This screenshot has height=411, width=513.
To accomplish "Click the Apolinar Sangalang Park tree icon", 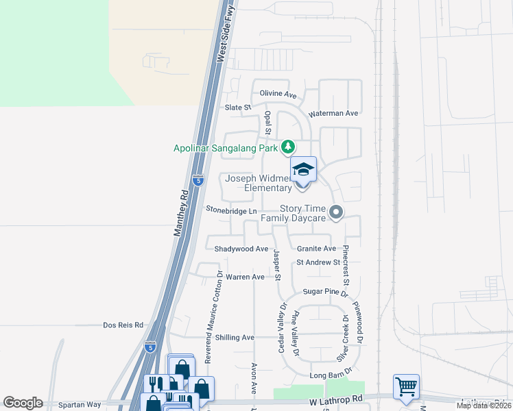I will [x=289, y=147].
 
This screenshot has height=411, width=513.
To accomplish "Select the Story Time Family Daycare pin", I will [x=336, y=213].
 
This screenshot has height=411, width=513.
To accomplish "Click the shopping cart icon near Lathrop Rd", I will [x=406, y=386].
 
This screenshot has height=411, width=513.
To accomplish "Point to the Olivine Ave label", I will [x=278, y=94].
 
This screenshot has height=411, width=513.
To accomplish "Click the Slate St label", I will [x=239, y=108].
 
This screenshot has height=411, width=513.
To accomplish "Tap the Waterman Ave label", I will [x=334, y=113].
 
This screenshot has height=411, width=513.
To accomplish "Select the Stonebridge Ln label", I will [x=231, y=211].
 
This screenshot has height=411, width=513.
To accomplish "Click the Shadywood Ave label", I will [x=241, y=249].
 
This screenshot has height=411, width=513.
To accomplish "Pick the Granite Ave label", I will [x=316, y=249].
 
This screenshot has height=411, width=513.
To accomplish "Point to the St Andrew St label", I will [x=318, y=262].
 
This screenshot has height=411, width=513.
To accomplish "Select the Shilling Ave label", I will [x=235, y=338].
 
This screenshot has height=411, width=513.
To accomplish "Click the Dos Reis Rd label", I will [x=123, y=325].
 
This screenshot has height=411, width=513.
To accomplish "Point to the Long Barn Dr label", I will [x=326, y=375].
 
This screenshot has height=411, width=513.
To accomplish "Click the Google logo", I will [x=23, y=403].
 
